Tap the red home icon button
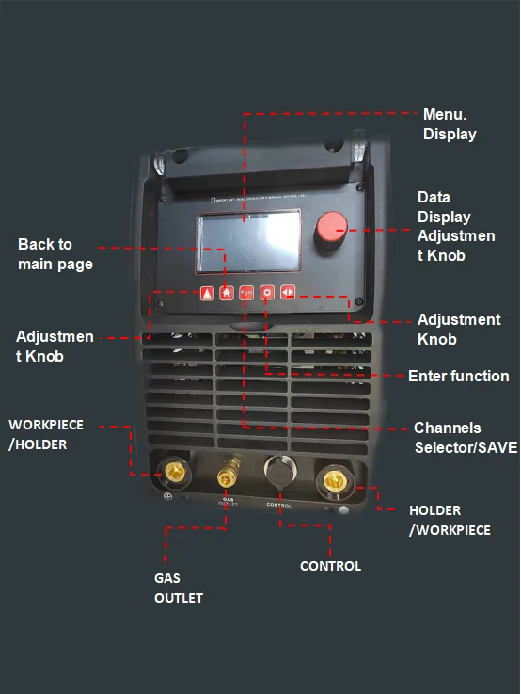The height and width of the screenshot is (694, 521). pos(227,292)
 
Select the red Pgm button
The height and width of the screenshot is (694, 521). pos(246,292)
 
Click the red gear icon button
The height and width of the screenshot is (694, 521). pos(267,292)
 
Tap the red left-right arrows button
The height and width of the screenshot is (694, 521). pos(288,292)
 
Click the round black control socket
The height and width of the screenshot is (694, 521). pos(278,472)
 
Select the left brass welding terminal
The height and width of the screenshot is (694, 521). pos(172,476)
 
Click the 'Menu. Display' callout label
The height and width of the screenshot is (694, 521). pos(450,123)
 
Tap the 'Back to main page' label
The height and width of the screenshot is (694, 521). pos(55,254)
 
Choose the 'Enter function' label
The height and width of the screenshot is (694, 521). pos(458,376)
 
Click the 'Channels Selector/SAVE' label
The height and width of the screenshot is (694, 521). pos(465,437)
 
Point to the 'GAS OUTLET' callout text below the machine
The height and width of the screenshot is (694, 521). pos(178,587)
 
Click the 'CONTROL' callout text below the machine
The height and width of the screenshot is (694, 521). pos(330,566)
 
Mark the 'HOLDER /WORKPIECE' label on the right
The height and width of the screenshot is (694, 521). pos(449,520)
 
